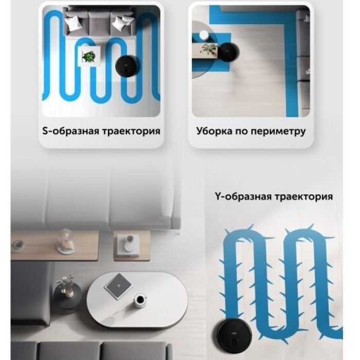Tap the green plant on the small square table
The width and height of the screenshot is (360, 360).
88,57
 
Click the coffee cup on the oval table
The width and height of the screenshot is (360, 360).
140,300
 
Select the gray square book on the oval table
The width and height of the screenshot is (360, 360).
118,285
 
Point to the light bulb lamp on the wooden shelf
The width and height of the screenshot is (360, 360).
65,241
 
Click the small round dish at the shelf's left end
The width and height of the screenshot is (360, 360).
19,244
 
